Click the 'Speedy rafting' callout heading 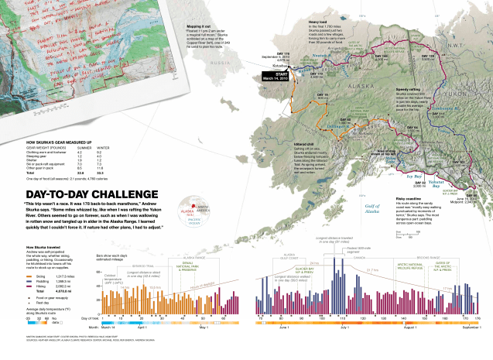pyautogui.click(x=412, y=89)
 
